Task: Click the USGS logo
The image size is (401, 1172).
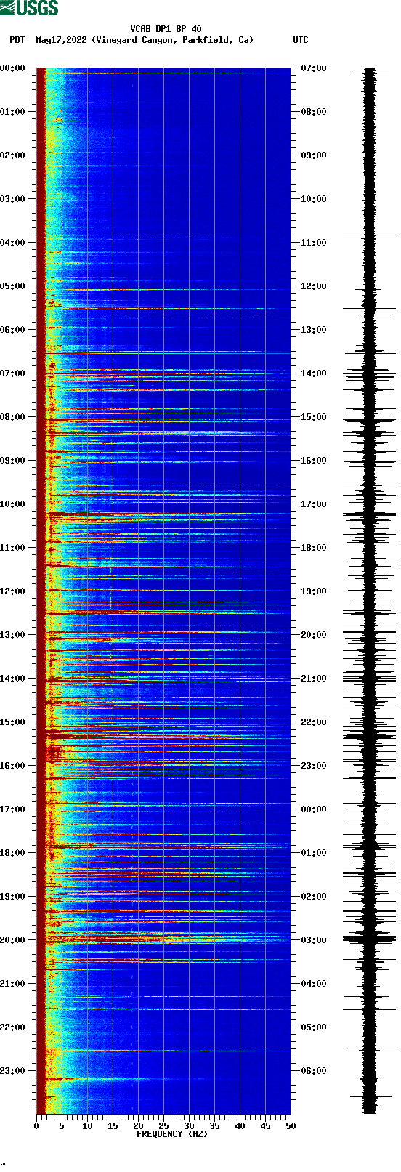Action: click(x=29, y=8)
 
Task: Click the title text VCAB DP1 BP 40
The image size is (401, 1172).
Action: click(x=166, y=29)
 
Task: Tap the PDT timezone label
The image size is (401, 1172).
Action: click(x=17, y=40)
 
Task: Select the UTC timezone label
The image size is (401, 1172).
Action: click(x=300, y=40)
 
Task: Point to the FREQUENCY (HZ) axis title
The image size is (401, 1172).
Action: click(x=172, y=1134)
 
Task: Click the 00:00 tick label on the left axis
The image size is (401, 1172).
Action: click(x=13, y=68)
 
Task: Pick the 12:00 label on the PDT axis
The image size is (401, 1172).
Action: click(x=13, y=591)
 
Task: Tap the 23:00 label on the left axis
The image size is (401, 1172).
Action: click(x=13, y=1071)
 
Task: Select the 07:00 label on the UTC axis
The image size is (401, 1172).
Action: click(x=314, y=68)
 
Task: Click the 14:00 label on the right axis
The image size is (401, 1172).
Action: click(x=314, y=373)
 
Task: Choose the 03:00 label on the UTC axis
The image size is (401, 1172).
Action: click(x=314, y=940)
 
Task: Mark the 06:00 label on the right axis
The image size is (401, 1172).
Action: click(x=314, y=1071)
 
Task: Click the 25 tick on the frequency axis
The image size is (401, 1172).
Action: click(x=163, y=1126)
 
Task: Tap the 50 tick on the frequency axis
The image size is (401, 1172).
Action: click(x=291, y=1126)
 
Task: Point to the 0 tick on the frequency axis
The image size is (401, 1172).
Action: click(x=36, y=1126)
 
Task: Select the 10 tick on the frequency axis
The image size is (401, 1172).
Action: click(x=87, y=1126)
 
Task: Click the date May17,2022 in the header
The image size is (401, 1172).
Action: click(x=62, y=40)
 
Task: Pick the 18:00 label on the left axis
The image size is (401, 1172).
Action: click(x=13, y=853)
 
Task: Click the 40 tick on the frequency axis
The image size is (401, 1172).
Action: click(x=240, y=1126)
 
